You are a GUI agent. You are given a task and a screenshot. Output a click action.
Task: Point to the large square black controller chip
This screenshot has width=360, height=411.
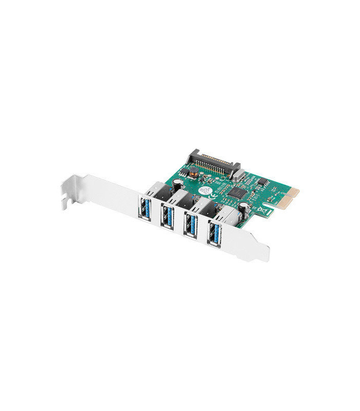coord(238,193)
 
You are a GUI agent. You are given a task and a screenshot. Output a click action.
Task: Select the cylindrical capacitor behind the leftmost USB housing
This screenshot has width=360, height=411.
coord(177,182)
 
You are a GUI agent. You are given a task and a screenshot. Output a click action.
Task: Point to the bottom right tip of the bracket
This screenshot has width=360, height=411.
coord(264,258)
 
